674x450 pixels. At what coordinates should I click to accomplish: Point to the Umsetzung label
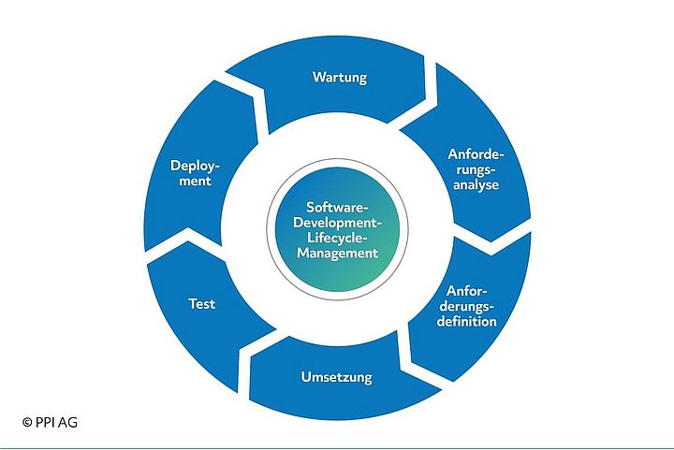coord(336,378)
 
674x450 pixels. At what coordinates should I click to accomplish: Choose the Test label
coord(201,303)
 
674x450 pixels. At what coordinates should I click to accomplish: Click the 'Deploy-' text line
coord(195,166)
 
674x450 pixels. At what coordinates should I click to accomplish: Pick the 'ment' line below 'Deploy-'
coord(195,181)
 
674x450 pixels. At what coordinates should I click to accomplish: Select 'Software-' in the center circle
coord(337,207)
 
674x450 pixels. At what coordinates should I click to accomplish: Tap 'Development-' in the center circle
coord(337,222)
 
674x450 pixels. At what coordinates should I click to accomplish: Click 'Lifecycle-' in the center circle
coord(337,237)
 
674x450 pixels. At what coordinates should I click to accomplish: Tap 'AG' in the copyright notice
coord(66,422)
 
